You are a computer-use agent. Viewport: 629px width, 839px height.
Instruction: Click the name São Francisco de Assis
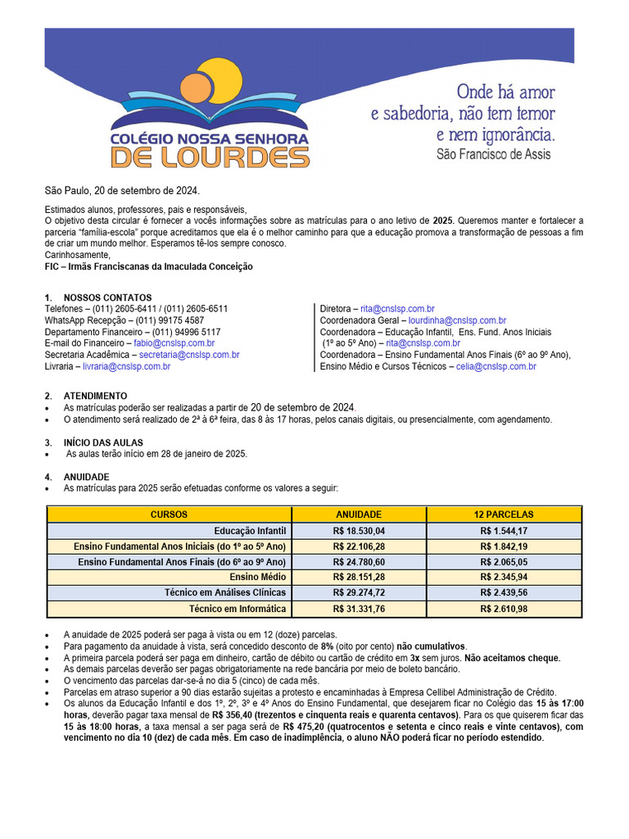coord(494,153)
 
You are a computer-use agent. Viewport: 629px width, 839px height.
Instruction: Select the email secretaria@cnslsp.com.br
coord(189,355)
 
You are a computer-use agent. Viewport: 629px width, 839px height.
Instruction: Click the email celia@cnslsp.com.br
coord(496,366)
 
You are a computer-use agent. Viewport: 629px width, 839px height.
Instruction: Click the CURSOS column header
coord(169,515)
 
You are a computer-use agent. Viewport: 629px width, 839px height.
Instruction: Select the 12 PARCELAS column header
coord(503,515)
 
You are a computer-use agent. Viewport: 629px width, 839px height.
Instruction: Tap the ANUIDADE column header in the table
coord(359,515)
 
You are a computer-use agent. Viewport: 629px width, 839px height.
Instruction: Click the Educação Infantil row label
coord(250,530)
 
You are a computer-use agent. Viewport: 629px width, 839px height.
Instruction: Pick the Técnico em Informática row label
coord(238,609)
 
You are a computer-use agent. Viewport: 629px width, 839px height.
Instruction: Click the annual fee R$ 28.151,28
coord(359,578)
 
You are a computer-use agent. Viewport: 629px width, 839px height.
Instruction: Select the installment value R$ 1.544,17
coord(504,530)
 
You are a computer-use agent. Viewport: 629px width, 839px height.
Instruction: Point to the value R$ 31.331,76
coord(359,609)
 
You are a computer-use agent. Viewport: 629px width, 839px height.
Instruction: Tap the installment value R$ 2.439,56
coord(504,593)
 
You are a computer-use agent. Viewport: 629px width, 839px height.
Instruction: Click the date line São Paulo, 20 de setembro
coord(122,191)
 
